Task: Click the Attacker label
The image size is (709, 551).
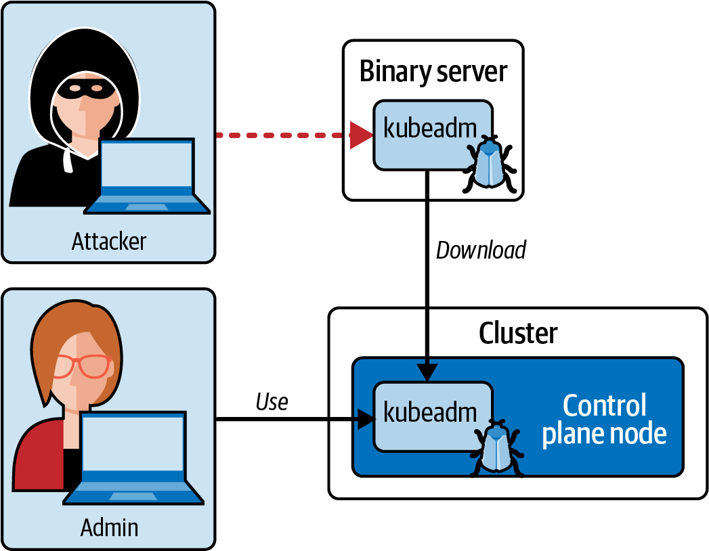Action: pyautogui.click(x=108, y=241)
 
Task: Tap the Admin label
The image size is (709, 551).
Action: pyautogui.click(x=109, y=527)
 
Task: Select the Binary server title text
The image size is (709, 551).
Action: pyautogui.click(x=433, y=71)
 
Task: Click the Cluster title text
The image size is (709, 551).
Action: pyautogui.click(x=518, y=333)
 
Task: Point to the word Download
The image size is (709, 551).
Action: pyautogui.click(x=481, y=250)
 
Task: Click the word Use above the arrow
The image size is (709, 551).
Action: pyautogui.click(x=272, y=402)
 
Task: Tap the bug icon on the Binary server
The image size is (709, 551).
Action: pyautogui.click(x=490, y=163)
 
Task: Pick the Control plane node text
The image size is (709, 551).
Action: pyautogui.click(x=604, y=420)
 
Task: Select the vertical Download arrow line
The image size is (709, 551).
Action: pyautogui.click(x=427, y=271)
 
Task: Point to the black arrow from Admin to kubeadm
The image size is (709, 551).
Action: pyautogui.click(x=291, y=420)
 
